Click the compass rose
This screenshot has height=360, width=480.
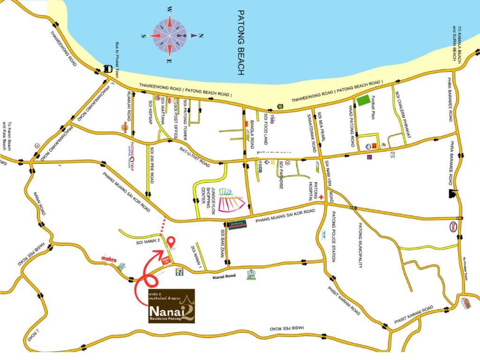coord(170,35)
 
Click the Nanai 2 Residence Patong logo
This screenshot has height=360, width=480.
coord(169,306)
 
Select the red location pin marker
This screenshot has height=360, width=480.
coord(172,242)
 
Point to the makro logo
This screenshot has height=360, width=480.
coord(108,258)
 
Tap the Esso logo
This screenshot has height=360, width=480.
coord(455,225)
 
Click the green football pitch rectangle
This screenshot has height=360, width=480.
coord(363,100)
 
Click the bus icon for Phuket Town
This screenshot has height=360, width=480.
coord(108,68)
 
